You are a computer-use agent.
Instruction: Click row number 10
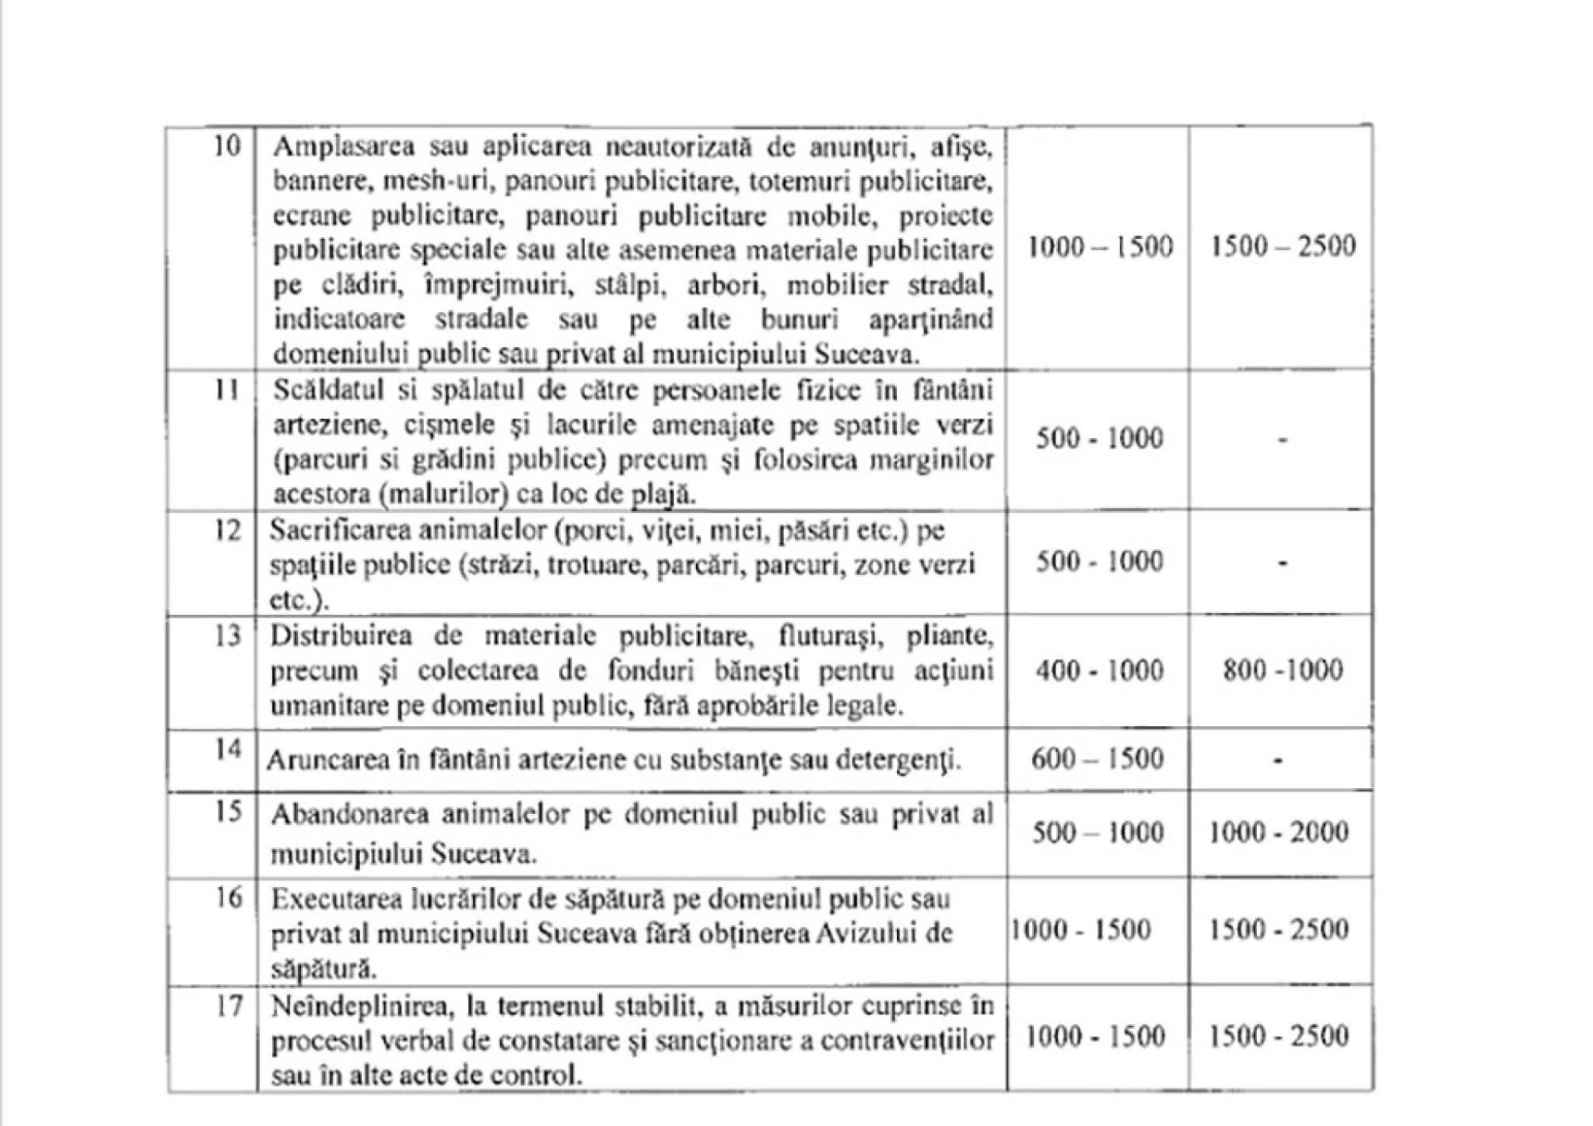[x=227, y=147]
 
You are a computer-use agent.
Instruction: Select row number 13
[x=227, y=636]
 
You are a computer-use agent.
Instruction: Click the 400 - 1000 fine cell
[x=1099, y=670]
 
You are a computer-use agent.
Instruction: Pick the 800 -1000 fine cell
[x=1282, y=670]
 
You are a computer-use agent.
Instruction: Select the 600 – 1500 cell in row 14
[x=1097, y=758]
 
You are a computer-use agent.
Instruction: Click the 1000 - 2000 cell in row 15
[x=1278, y=832]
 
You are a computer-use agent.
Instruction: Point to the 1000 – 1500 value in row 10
[x=1100, y=246]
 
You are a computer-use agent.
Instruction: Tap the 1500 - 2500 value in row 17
[x=1278, y=1036]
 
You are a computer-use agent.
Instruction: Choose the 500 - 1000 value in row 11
[x=1099, y=438]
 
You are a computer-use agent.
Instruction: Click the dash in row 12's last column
[x=1282, y=564]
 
